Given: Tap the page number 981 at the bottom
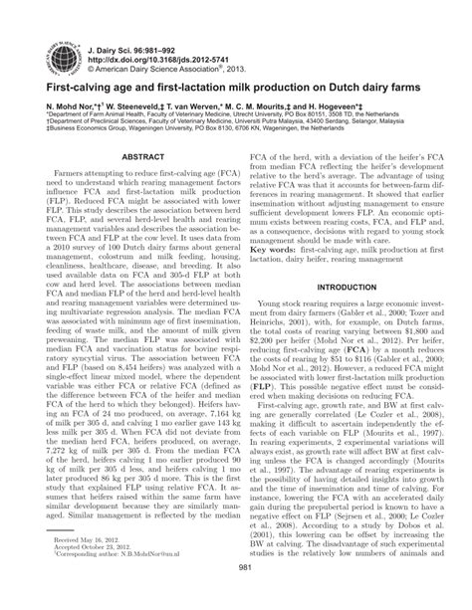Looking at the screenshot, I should pyautogui.click(x=235, y=594).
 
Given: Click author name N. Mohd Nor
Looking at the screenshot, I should pyautogui.click(x=63, y=103).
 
